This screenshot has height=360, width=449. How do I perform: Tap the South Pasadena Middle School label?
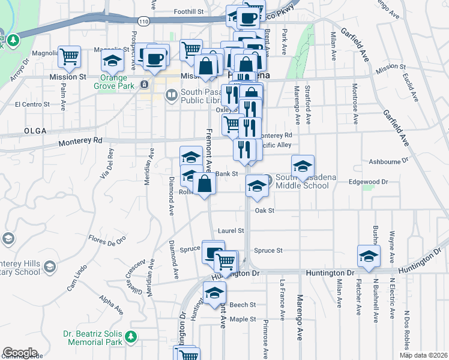point(302,181)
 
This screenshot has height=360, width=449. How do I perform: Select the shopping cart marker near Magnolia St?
point(69,56)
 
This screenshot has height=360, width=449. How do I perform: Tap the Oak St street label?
point(264,211)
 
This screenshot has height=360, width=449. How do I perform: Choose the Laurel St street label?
point(231,230)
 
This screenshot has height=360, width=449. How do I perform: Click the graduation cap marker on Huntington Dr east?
point(369,256)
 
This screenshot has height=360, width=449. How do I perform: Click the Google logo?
point(20,353)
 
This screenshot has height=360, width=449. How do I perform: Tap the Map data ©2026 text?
point(424,355)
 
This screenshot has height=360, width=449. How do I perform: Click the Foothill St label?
point(189,11)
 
